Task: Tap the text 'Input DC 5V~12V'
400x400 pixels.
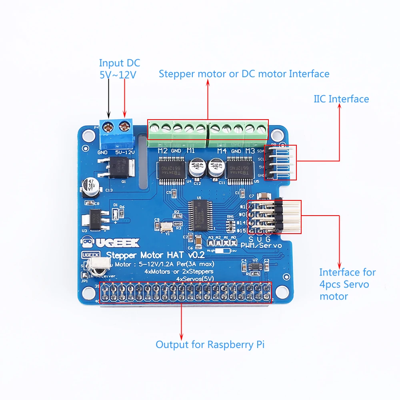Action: [119, 68]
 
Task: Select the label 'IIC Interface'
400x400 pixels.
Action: [341, 99]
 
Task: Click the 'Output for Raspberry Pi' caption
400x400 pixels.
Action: [210, 344]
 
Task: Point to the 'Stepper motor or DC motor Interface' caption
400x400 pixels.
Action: [244, 74]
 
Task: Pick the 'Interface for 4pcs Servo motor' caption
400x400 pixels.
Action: [347, 284]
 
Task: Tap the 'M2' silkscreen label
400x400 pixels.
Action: [162, 151]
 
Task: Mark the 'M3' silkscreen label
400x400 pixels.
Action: [250, 151]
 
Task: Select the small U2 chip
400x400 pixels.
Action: [255, 267]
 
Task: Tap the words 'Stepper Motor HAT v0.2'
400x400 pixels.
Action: [155, 255]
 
